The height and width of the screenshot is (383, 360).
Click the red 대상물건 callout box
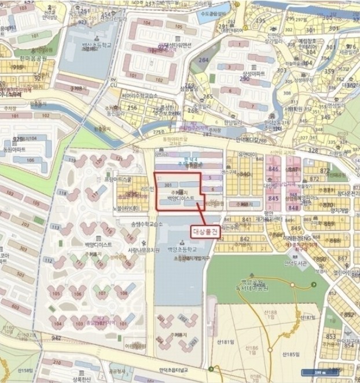tap(207, 230)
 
